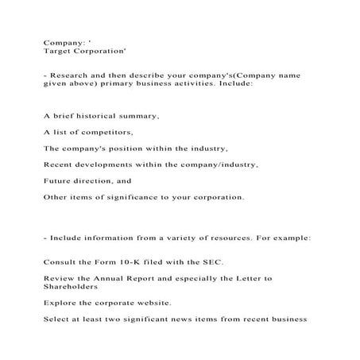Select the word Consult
click(x=58, y=262)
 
